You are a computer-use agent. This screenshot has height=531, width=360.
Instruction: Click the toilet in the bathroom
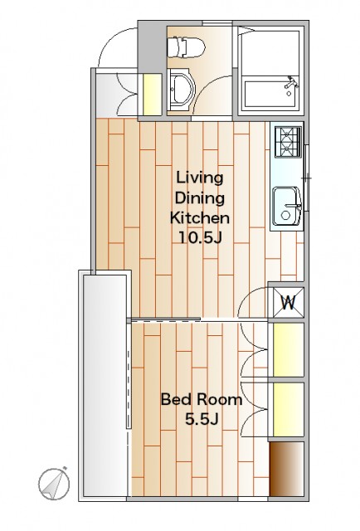point(186,47)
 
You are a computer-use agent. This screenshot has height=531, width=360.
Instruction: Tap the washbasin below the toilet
point(182,90)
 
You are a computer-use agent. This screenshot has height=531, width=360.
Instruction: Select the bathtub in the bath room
point(270,94)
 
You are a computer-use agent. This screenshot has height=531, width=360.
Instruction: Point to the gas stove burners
point(288,142)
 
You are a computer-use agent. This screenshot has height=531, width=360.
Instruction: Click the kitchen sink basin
point(287,207)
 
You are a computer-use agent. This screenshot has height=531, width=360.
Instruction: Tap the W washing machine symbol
point(288,302)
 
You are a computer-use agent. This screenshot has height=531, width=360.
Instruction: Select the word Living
point(200,178)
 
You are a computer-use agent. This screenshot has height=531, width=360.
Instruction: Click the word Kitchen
point(200,217)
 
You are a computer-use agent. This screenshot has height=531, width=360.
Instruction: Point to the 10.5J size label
point(200,238)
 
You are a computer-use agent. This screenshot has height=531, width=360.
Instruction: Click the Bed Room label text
point(202,400)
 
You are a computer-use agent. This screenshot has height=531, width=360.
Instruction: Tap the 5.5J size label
point(202,420)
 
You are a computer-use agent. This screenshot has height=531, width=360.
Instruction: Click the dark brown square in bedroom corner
point(286,469)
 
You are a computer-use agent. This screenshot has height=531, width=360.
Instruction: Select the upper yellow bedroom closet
point(288,349)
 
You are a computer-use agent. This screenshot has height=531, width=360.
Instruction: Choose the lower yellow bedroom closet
point(288,409)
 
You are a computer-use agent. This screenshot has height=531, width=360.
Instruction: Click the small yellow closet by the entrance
point(153,94)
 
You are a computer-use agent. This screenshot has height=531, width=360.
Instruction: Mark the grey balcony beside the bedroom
point(105,386)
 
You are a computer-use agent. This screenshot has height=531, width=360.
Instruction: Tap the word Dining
point(200,198)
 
